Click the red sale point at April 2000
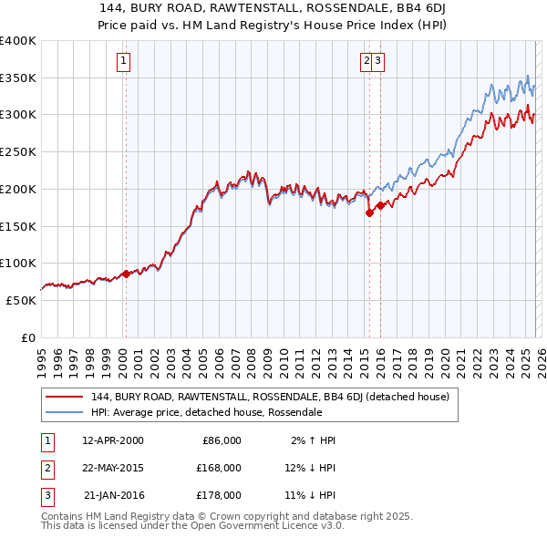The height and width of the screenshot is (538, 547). [126, 274]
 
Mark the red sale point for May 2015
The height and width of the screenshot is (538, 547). [369, 213]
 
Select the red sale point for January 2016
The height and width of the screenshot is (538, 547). [380, 206]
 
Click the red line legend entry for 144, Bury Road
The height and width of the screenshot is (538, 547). [270, 397]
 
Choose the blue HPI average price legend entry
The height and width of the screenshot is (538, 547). [206, 412]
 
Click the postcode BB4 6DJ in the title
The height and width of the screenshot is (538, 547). [376, 9]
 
